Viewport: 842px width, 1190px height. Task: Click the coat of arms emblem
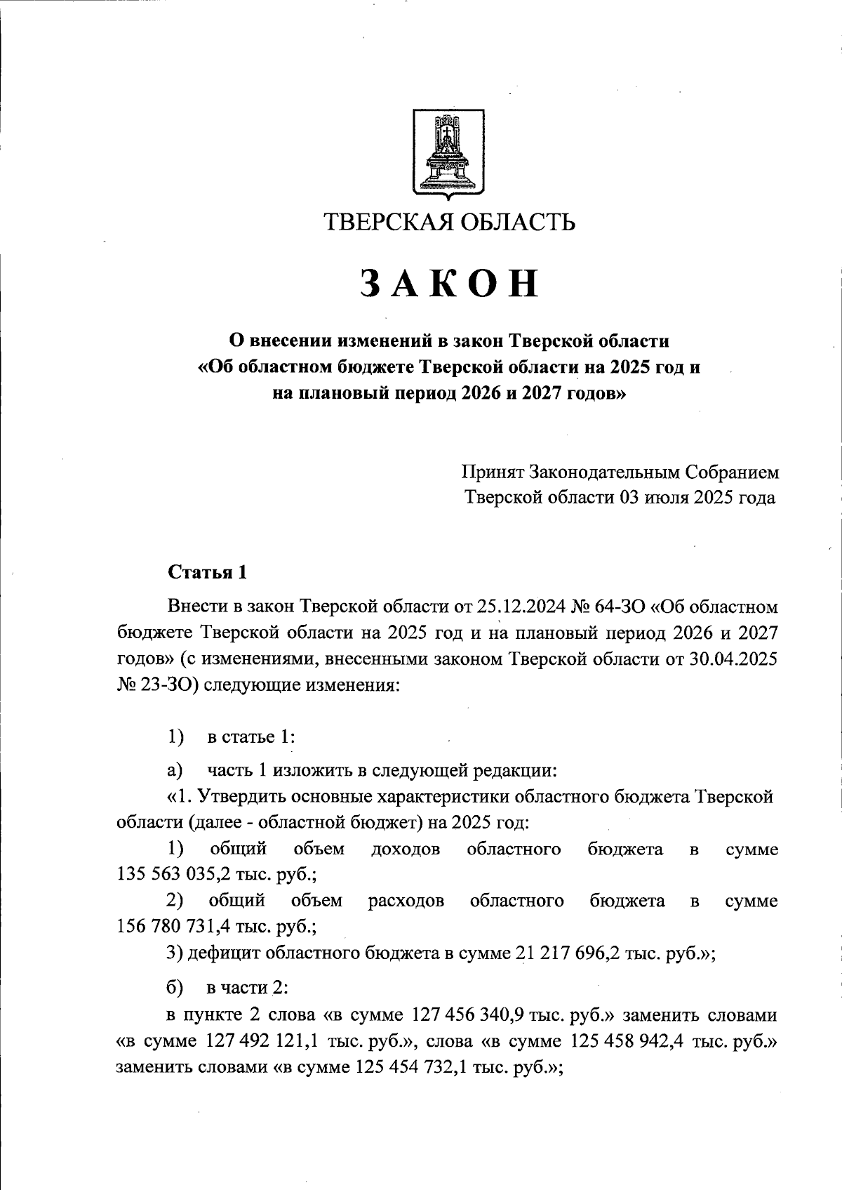click(x=447, y=152)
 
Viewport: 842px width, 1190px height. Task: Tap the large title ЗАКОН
click(x=450, y=284)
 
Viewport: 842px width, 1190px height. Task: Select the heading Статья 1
click(x=208, y=572)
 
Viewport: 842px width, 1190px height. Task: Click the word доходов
click(x=406, y=849)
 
